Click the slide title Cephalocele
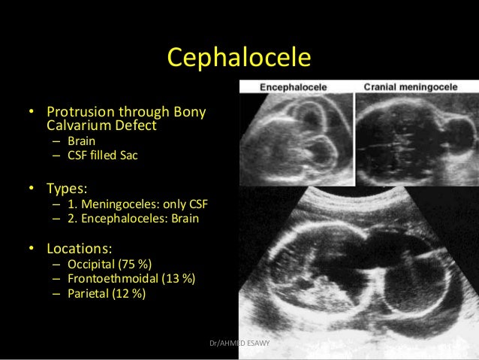(x=239, y=57)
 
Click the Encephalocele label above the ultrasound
(x=293, y=87)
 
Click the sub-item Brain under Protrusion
(x=81, y=141)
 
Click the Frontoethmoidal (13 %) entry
(x=131, y=279)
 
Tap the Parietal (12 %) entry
(x=107, y=294)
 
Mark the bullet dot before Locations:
(x=32, y=248)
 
